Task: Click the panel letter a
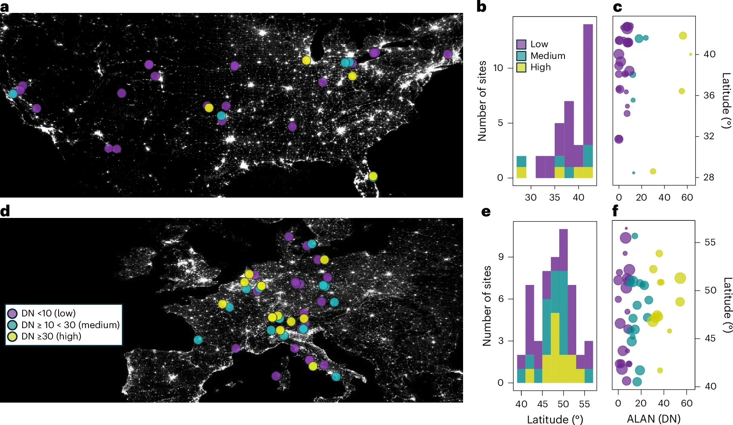coord(4,7)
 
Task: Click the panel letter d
coord(5,211)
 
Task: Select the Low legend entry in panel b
coord(533,44)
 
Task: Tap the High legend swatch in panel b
coord(521,67)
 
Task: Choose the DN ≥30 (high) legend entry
coord(44,336)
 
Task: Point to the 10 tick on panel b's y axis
coord(498,68)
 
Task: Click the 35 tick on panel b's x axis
coord(554,197)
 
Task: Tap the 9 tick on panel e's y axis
coord(501,257)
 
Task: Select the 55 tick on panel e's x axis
coord(584,404)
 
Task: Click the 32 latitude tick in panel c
coord(709,136)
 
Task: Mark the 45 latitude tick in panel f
coord(710,338)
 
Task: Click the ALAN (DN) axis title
coord(653,419)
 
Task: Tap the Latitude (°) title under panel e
coord(555,419)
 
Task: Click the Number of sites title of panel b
coord(482,101)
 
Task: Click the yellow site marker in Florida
coord(373,176)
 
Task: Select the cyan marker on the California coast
coord(13,94)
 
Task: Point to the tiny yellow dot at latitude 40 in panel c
coord(691,54)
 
